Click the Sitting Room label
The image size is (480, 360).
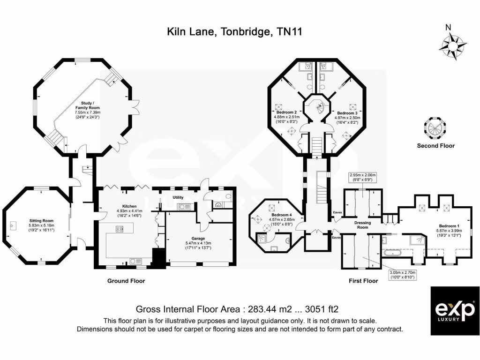click(41, 220)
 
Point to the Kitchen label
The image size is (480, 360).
click(129, 206)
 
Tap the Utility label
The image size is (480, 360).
click(178, 197)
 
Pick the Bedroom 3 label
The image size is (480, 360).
click(347, 113)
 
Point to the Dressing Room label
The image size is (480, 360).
click(362, 225)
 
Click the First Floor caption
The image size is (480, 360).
click(363, 281)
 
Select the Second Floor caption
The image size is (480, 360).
click(436, 146)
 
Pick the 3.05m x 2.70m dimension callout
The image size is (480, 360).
click(400, 274)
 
